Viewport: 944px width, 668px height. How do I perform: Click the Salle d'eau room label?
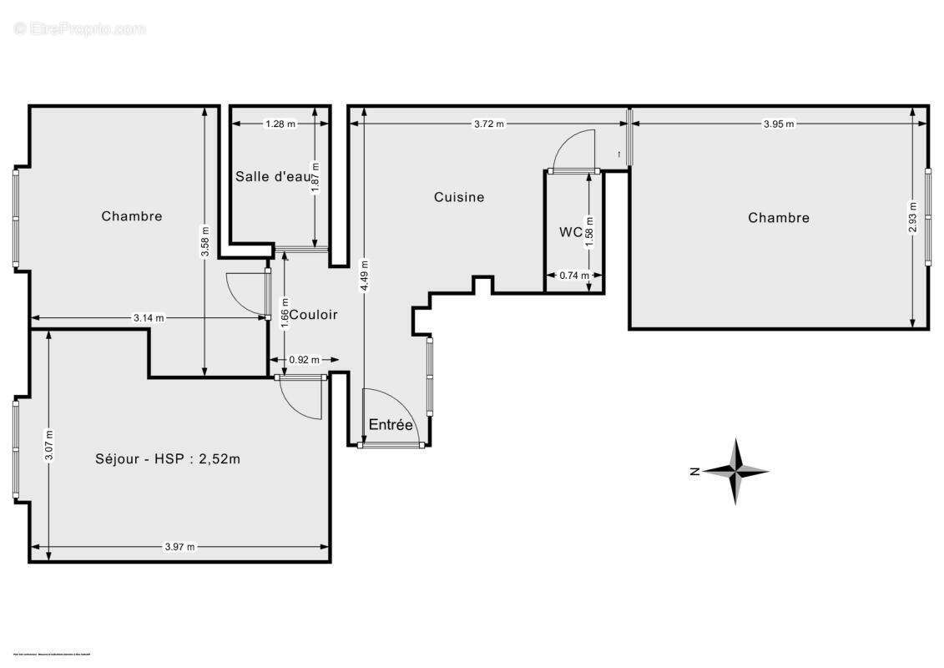click(273, 176)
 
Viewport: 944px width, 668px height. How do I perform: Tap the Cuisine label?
click(459, 197)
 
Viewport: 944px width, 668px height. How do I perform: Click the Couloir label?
click(314, 315)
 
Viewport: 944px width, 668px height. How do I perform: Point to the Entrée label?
click(391, 425)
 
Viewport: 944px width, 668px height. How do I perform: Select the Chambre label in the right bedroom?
click(778, 218)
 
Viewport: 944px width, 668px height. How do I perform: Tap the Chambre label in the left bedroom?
click(132, 216)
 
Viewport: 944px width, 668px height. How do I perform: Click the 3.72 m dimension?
click(489, 124)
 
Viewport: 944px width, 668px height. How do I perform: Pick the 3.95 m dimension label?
click(778, 124)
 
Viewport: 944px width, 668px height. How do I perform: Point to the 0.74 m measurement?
click(574, 276)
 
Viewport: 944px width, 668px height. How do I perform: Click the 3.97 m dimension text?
click(179, 547)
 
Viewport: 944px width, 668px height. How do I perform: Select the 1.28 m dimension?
click(280, 124)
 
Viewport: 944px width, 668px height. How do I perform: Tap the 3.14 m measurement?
click(149, 318)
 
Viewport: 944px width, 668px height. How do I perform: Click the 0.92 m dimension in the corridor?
click(304, 361)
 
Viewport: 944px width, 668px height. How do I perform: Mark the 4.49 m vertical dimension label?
click(364, 276)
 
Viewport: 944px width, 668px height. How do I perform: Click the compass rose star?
click(735, 472)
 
